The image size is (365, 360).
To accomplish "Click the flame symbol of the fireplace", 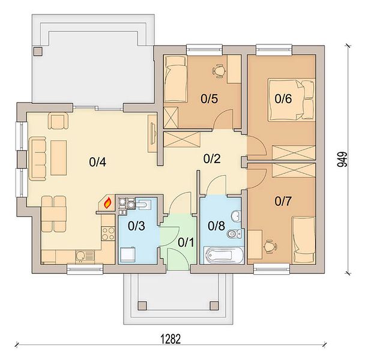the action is point(107,203).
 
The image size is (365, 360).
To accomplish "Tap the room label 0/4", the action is point(97,162).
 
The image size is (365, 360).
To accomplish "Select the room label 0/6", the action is point(283,98).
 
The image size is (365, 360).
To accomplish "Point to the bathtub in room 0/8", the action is point(223,255).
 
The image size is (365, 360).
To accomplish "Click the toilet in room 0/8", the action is point(235,233).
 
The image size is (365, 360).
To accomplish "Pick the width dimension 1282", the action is point(171,339).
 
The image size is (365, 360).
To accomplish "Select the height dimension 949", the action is point(342,160).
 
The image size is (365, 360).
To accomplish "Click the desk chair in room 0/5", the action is point(219,71).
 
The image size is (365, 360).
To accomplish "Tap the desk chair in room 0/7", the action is point(270,247).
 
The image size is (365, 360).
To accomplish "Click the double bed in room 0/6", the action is point(291,100).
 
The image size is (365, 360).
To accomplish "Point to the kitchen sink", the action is point(85,257).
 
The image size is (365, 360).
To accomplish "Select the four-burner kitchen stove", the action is point(108,233).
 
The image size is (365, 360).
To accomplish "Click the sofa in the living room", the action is point(37,158).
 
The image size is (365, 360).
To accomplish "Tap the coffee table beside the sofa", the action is point(59,158).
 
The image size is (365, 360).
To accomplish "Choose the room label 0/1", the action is point(186,242).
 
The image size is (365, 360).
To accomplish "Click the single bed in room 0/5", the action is point(175,79).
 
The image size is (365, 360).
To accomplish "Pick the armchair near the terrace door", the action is point(58,121).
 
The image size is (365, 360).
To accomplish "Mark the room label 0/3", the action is point(136,226).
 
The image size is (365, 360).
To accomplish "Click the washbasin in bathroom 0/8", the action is point(236,216).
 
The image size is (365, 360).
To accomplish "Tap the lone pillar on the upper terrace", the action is point(38,51).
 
